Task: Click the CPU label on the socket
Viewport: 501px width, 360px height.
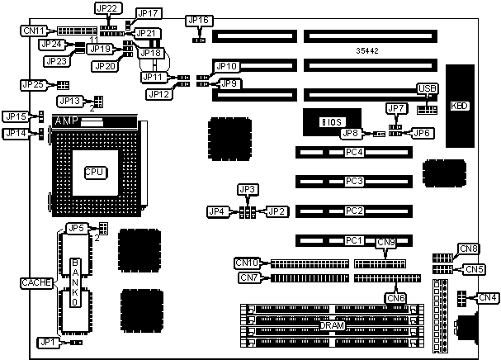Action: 93,172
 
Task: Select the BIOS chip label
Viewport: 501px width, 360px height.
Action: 331,122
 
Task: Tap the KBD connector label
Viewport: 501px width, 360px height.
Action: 459,106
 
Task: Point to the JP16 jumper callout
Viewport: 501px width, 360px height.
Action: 199,20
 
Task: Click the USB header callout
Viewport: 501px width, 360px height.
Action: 426,88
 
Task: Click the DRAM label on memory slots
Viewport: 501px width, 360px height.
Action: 331,326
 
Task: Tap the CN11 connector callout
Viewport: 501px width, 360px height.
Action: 35,31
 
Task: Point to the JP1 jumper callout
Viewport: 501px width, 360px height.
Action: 48,341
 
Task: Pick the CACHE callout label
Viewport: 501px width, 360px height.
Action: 37,283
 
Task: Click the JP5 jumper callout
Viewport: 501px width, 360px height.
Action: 77,228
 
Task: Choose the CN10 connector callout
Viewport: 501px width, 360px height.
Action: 247,263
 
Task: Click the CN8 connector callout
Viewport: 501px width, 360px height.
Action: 469,249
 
